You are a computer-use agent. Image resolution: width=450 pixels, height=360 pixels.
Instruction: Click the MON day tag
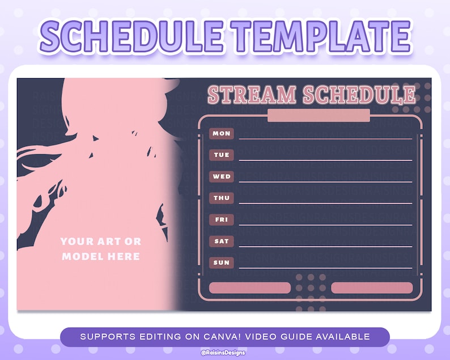tap(221, 133)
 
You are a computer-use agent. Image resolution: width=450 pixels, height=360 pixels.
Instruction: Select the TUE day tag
tap(221, 155)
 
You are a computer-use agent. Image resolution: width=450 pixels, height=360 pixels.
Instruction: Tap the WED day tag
tap(221, 176)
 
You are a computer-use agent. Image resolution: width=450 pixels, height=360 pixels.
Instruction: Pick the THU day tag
tap(221, 198)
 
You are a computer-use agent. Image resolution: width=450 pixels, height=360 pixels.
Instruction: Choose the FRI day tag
tap(221, 219)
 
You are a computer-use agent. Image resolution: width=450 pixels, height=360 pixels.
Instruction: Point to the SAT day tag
tap(221, 241)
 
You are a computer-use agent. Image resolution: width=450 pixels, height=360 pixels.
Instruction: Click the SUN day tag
tap(221, 262)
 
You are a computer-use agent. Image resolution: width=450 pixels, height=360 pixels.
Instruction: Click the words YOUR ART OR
tap(101, 242)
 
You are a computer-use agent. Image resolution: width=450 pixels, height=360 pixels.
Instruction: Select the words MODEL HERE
tap(101, 256)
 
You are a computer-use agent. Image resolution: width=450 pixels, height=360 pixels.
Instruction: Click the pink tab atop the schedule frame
tap(319, 116)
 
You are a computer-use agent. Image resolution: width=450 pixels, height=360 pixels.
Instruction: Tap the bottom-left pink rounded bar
tap(250, 287)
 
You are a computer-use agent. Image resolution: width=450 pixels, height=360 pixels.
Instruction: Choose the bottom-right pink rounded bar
tap(372, 287)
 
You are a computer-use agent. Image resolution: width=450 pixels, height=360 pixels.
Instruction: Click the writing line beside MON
tap(325, 138)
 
